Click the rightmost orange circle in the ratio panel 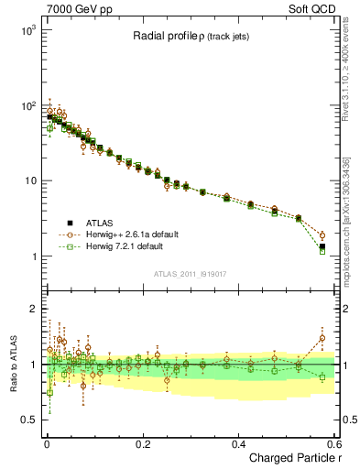322,338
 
